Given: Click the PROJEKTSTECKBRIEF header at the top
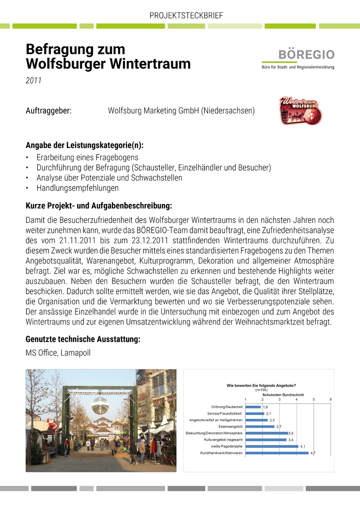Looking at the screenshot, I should point(186,16).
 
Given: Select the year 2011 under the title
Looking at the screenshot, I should point(33,81).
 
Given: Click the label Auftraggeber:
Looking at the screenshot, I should point(49,111).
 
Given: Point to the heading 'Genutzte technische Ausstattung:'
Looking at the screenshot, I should point(83,339).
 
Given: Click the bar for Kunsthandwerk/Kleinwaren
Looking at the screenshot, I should point(277,453).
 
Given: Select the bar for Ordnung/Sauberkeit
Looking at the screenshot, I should point(253,407).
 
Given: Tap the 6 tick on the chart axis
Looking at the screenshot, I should point(331,399).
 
